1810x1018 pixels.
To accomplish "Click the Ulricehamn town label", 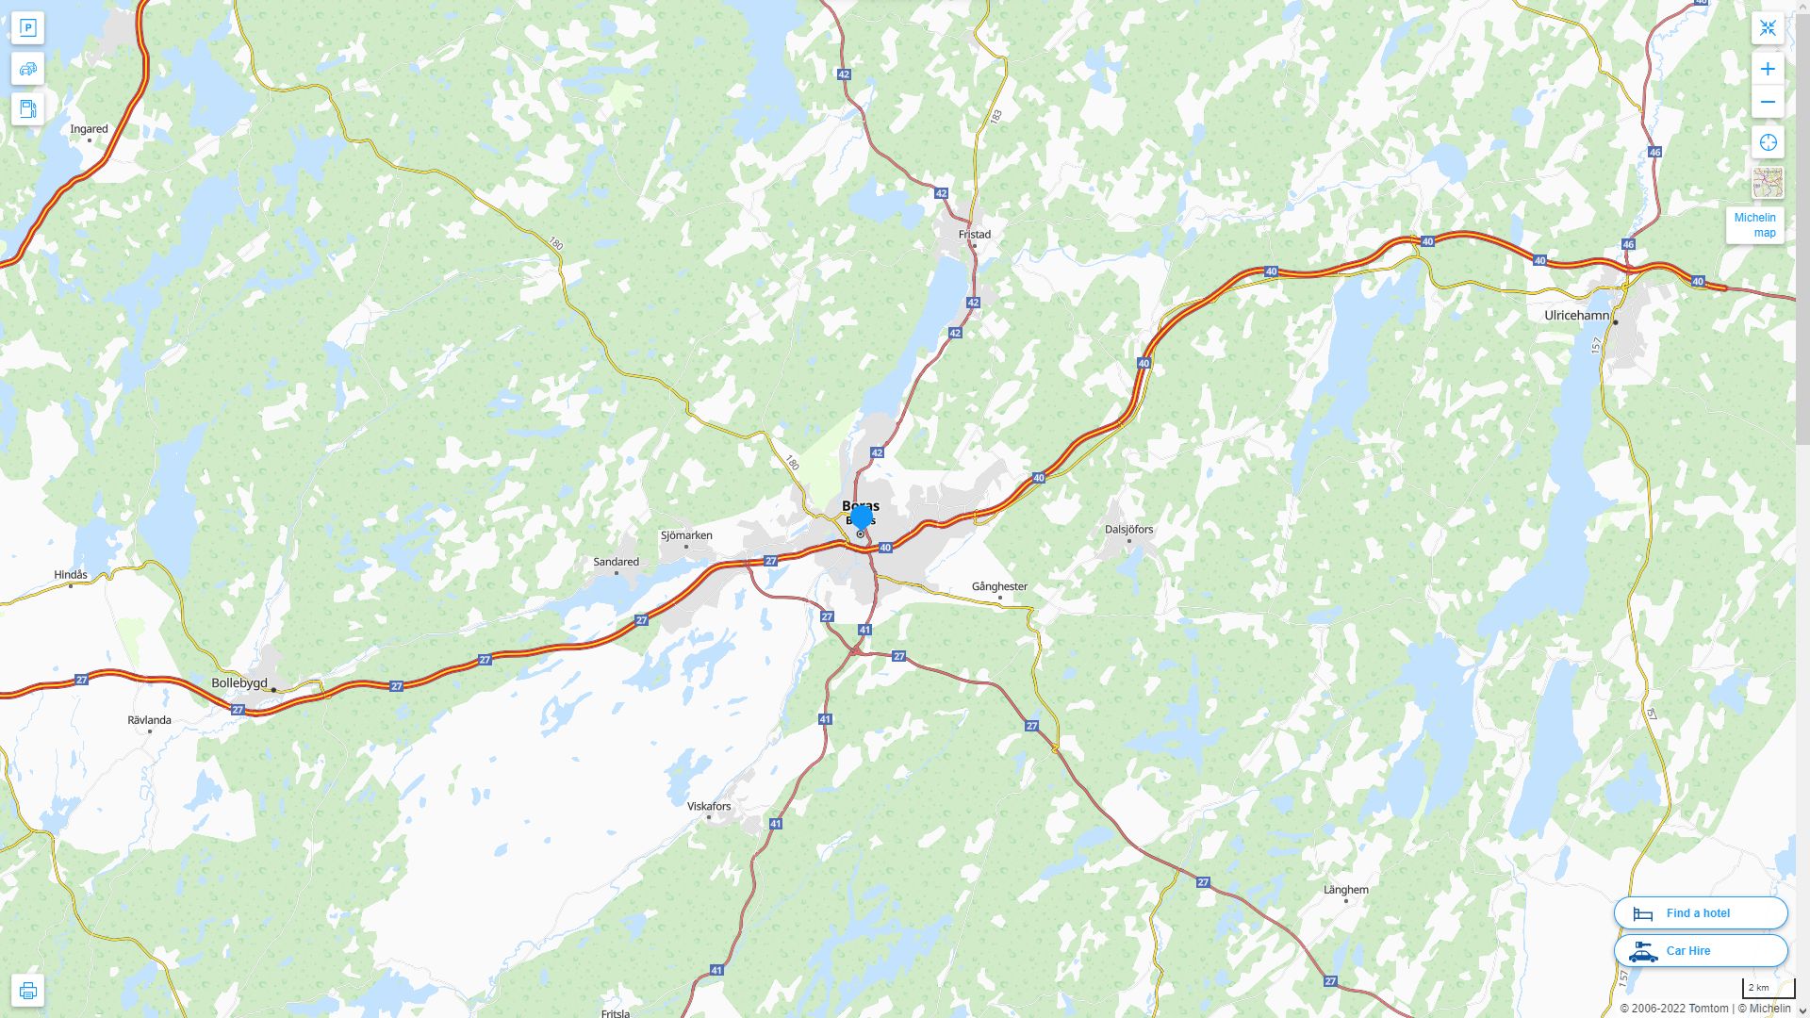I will coord(1576,316).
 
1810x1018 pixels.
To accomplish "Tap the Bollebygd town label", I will coord(239,683).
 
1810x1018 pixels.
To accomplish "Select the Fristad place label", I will coord(974,235).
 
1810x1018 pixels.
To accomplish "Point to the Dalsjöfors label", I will coord(1128,530).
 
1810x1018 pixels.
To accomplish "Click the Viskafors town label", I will coord(709,807).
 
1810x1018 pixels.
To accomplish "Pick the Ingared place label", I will coord(90,129).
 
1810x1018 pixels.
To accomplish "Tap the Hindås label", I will coord(71,575).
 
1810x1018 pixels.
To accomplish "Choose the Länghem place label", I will coord(1345,890).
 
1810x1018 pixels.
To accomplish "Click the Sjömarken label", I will coord(686,535).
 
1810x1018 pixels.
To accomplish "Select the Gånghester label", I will coord(999,586).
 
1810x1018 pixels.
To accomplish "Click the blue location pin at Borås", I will coord(861,517).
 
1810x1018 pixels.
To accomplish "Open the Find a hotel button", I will coord(1700,913).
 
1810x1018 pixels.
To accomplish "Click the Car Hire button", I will coord(1700,951).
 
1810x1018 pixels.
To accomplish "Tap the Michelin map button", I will coord(1754,225).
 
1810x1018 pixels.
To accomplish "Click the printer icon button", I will coord(27,991).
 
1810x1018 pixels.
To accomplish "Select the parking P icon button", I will coord(27,28).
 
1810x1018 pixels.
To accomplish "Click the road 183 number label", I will coord(996,116).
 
